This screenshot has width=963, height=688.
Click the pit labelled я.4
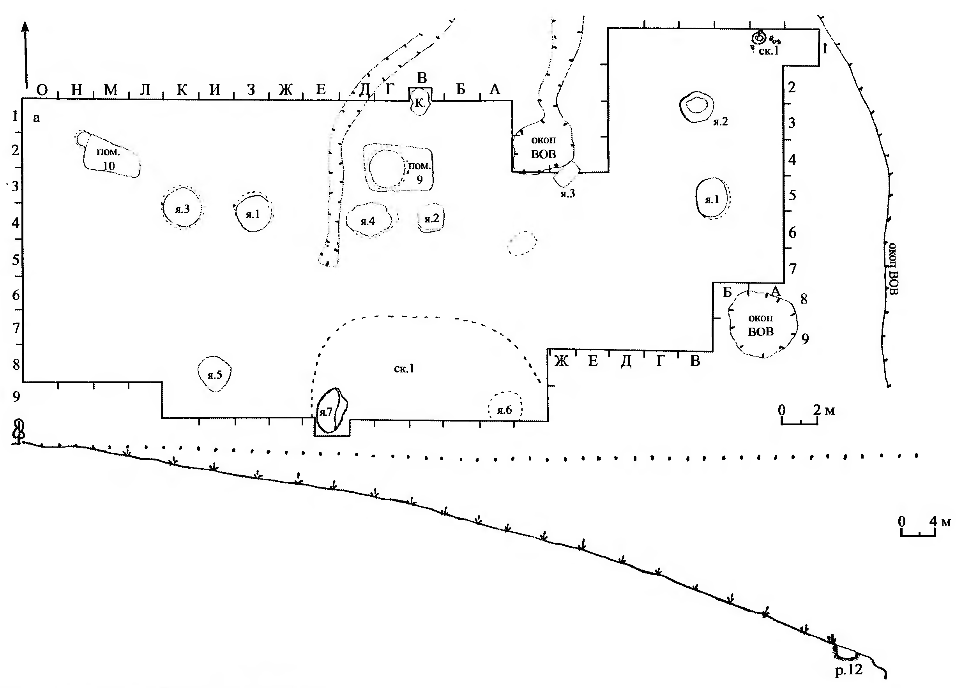coord(368,220)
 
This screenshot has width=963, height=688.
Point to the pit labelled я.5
coord(215,374)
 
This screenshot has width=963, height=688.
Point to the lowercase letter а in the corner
coord(36,118)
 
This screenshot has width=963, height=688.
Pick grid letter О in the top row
coord(42,90)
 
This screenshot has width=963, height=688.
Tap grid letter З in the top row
coord(251,90)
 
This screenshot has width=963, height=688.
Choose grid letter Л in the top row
coord(145,90)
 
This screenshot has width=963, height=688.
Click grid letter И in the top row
coord(216,90)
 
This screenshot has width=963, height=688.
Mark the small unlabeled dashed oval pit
coord(522,243)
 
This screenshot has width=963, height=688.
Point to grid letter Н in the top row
coord(76,90)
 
